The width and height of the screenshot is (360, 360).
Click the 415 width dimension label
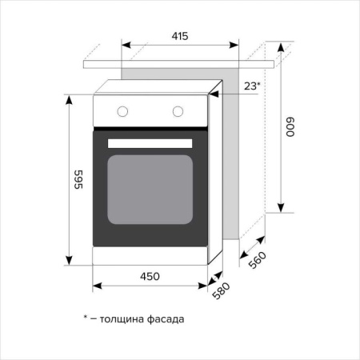(180, 36)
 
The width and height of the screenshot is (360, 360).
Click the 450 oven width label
(150, 276)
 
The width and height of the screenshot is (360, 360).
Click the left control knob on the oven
(124, 110)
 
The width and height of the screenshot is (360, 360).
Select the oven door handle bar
(150, 142)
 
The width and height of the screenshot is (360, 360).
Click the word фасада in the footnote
(166, 318)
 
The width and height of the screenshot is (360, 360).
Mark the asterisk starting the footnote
(86, 318)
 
